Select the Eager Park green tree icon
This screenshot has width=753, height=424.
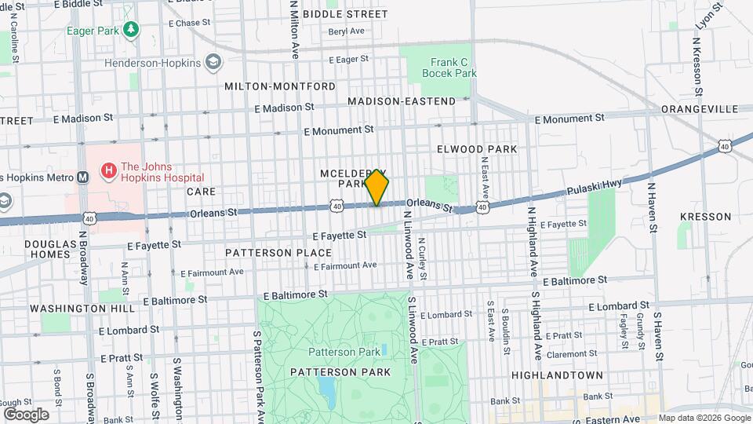click(133, 29)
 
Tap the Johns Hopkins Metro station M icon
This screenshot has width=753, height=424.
click(83, 177)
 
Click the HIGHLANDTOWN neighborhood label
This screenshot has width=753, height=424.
click(557, 375)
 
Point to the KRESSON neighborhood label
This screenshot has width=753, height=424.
click(705, 216)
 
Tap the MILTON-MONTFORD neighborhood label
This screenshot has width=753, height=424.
click(280, 86)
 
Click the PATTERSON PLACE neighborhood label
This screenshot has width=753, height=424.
click(278, 253)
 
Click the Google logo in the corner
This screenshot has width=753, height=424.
click(26, 414)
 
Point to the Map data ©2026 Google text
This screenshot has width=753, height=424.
click(704, 418)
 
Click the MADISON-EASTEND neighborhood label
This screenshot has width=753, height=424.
click(402, 101)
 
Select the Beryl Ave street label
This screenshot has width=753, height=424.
click(347, 31)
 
